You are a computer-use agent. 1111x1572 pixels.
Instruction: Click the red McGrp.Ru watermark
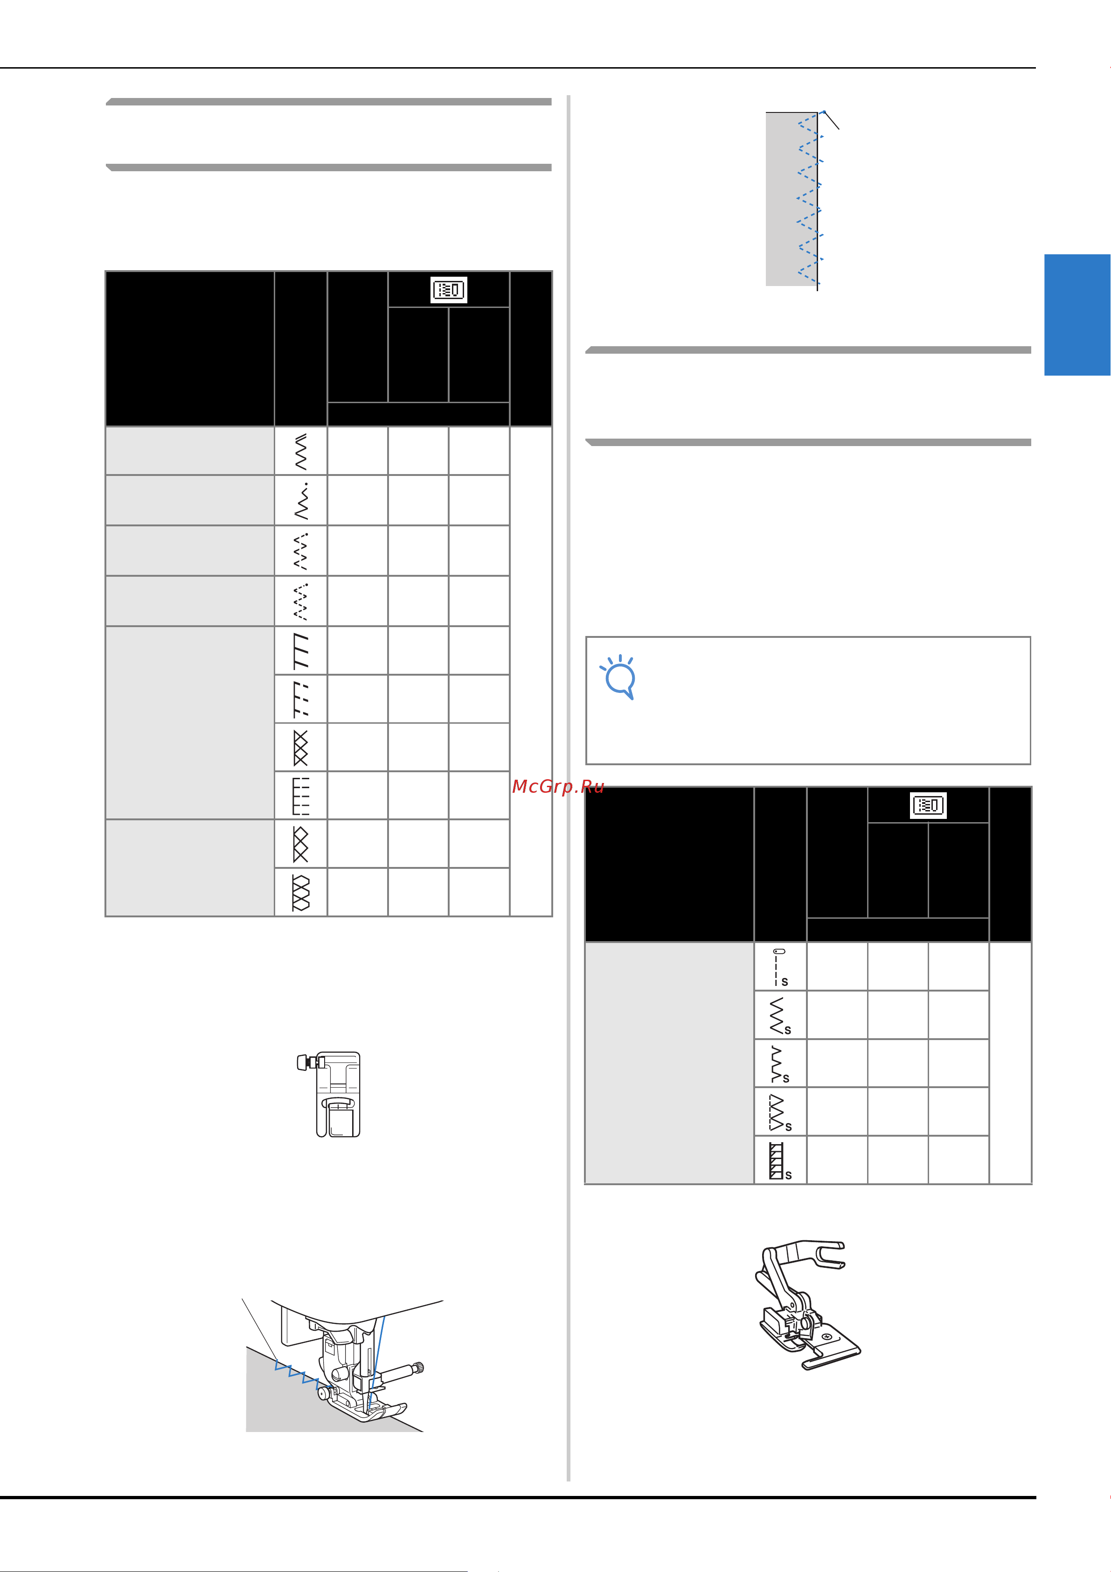click(558, 787)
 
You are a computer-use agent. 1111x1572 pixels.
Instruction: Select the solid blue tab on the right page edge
click(1077, 315)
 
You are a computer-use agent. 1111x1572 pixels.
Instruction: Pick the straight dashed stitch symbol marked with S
click(780, 967)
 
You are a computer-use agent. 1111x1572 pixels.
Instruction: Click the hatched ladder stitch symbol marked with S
click(780, 1160)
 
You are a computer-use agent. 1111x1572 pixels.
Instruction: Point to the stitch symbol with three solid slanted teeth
click(300, 650)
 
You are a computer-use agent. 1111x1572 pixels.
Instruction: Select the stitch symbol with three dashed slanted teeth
click(300, 699)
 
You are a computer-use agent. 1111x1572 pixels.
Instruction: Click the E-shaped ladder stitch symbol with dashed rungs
click(300, 796)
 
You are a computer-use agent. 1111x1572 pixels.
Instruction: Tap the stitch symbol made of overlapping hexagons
click(300, 892)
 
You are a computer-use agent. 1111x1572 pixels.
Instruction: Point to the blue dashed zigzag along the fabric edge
click(810, 199)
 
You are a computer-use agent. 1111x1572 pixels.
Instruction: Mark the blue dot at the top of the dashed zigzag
click(824, 112)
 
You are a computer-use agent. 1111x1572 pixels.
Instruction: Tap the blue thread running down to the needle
click(377, 1362)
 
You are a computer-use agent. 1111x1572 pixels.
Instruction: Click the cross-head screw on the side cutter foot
click(827, 1336)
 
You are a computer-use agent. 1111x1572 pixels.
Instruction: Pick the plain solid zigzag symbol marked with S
click(779, 1015)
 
